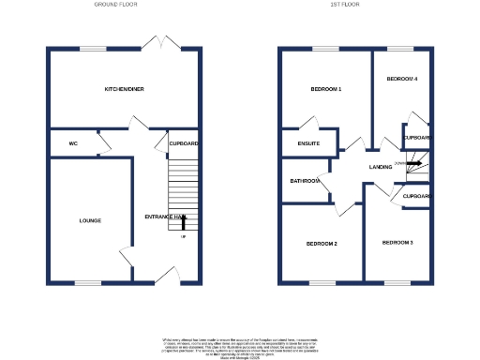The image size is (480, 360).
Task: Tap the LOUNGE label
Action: (91, 220)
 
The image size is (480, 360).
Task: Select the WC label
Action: (72, 143)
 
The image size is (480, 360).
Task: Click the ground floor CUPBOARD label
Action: (183, 143)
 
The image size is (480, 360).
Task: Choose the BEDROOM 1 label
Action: (325, 89)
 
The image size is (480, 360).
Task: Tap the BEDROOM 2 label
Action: (322, 244)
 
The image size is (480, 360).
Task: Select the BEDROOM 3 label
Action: (397, 243)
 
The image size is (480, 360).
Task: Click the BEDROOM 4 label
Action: (401, 79)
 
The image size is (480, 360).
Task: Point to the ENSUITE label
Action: (308, 143)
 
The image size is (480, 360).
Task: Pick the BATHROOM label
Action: (305, 181)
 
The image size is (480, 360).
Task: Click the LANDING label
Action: (381, 167)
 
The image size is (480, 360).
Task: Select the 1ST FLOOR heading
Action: (345, 6)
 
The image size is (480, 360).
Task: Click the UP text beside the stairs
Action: (183, 235)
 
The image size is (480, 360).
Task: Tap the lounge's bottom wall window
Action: (88, 282)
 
